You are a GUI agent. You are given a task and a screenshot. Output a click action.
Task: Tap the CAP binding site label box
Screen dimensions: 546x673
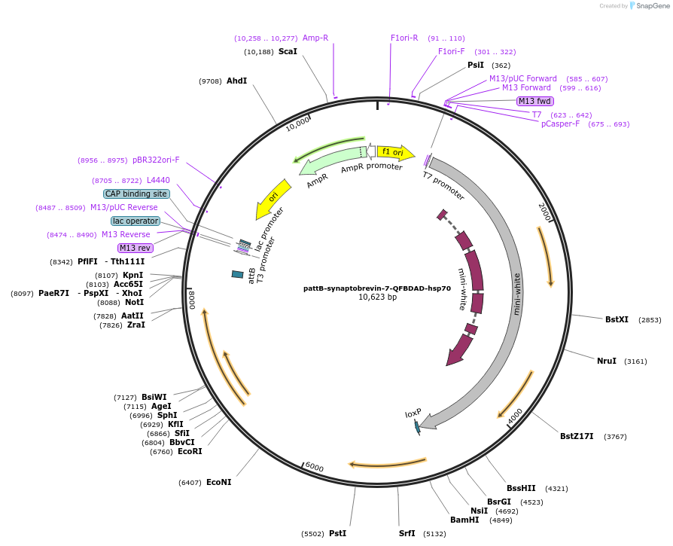point(136,194)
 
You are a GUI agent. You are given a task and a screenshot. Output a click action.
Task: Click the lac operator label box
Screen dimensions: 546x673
point(136,221)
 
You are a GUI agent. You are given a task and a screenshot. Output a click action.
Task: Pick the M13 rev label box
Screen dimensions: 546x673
point(136,248)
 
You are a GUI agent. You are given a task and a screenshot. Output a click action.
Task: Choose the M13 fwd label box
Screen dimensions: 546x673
point(534,101)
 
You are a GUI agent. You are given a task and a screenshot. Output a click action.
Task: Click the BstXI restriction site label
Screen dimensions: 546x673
point(617,319)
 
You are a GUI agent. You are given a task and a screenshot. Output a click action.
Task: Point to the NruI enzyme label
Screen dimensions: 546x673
point(607,361)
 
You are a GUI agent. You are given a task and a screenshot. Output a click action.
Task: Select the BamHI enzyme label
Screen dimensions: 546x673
point(464,520)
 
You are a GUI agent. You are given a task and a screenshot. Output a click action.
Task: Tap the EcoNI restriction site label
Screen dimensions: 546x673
point(218,482)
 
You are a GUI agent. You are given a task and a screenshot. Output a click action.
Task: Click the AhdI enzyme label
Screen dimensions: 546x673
point(236,81)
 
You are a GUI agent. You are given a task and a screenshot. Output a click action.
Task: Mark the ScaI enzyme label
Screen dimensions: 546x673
point(288,52)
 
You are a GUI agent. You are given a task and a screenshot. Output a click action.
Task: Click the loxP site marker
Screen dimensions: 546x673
point(416,426)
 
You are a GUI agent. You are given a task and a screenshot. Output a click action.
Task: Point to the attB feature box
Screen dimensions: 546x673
point(237,274)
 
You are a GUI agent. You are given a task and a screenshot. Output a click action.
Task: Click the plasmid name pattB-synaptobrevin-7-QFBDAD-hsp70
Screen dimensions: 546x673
point(377,288)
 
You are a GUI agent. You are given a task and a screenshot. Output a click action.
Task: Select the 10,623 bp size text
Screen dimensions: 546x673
point(377,297)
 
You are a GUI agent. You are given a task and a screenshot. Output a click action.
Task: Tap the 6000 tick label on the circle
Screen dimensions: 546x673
point(315,468)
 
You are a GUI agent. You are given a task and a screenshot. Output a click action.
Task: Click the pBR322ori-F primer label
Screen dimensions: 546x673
point(156,160)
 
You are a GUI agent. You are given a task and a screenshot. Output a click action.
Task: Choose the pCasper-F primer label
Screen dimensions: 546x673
point(560,124)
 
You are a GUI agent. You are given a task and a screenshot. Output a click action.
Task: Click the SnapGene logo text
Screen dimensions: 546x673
point(652,6)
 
